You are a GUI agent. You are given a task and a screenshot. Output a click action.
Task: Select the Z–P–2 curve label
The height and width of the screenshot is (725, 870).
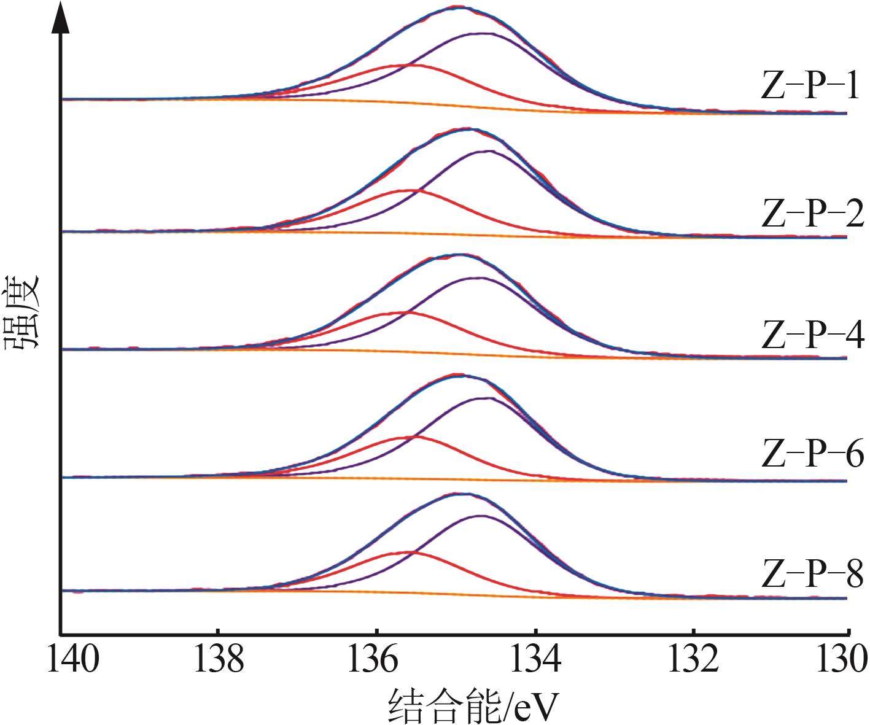[x=812, y=214]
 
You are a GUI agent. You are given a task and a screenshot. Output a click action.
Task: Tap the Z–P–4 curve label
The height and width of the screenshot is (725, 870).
[x=812, y=335]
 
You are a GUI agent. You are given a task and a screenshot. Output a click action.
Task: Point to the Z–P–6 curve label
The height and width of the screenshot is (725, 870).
[x=812, y=454]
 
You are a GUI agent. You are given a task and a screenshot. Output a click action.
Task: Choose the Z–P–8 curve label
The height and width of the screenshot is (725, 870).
[x=812, y=574]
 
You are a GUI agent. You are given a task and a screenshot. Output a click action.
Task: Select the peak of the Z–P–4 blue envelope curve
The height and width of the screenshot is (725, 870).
[x=459, y=254]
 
